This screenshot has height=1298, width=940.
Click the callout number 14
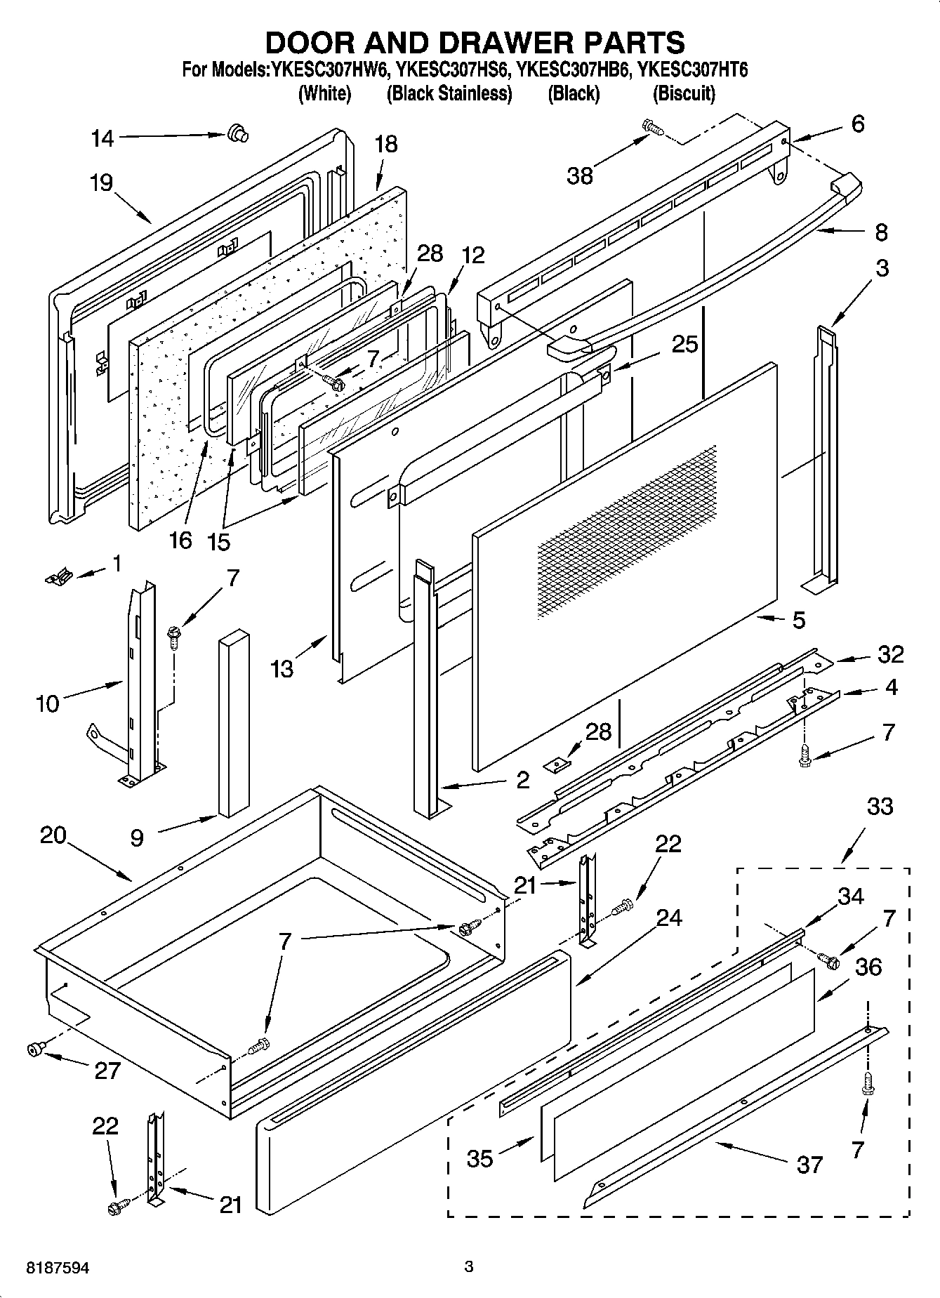102,139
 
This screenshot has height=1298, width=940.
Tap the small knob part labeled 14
237,132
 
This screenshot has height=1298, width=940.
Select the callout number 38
580,176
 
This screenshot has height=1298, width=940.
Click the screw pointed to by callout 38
652,127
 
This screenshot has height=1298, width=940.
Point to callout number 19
101,184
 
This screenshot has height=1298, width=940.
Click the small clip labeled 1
58,577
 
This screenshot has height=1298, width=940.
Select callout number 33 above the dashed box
880,807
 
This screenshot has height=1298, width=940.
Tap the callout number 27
107,1071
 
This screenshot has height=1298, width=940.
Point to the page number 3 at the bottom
469,1267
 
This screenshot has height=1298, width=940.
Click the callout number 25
684,344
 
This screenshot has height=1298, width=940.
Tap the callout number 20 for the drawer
53,835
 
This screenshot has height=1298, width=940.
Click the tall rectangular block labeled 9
233,723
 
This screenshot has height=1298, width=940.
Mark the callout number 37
809,1165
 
